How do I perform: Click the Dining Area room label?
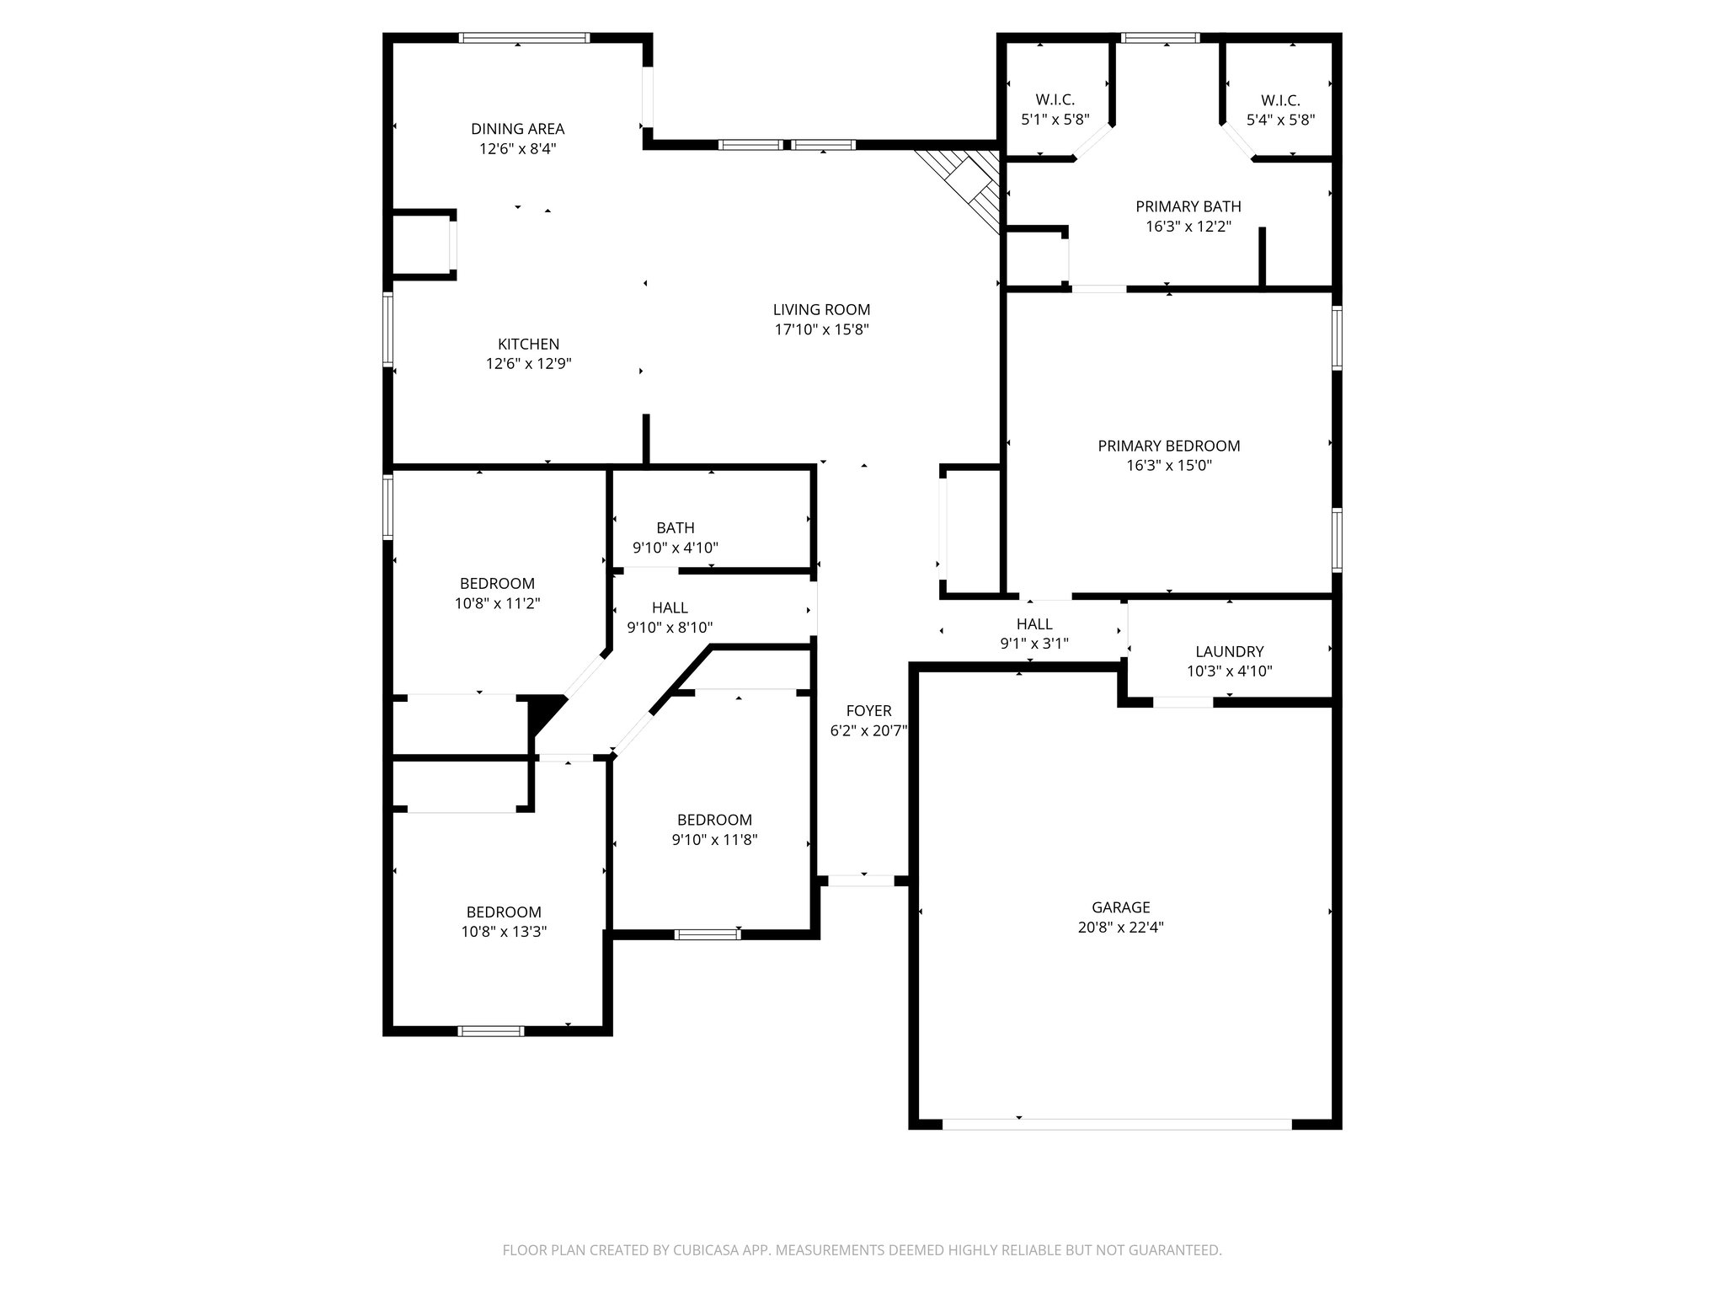[x=517, y=129]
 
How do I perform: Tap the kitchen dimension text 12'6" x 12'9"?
[x=528, y=364]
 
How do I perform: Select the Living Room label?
[x=821, y=310]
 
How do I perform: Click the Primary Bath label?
[x=1188, y=206]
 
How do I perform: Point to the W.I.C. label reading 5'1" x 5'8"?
[x=1055, y=110]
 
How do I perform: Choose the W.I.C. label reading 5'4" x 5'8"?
[x=1280, y=110]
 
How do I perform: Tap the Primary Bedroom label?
[x=1168, y=446]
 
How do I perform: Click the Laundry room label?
[x=1229, y=651]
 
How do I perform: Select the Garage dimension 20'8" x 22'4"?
[x=1120, y=928]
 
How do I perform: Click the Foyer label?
[x=868, y=711]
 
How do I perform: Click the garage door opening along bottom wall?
[x=1116, y=1124]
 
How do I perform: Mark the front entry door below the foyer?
[x=861, y=880]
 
